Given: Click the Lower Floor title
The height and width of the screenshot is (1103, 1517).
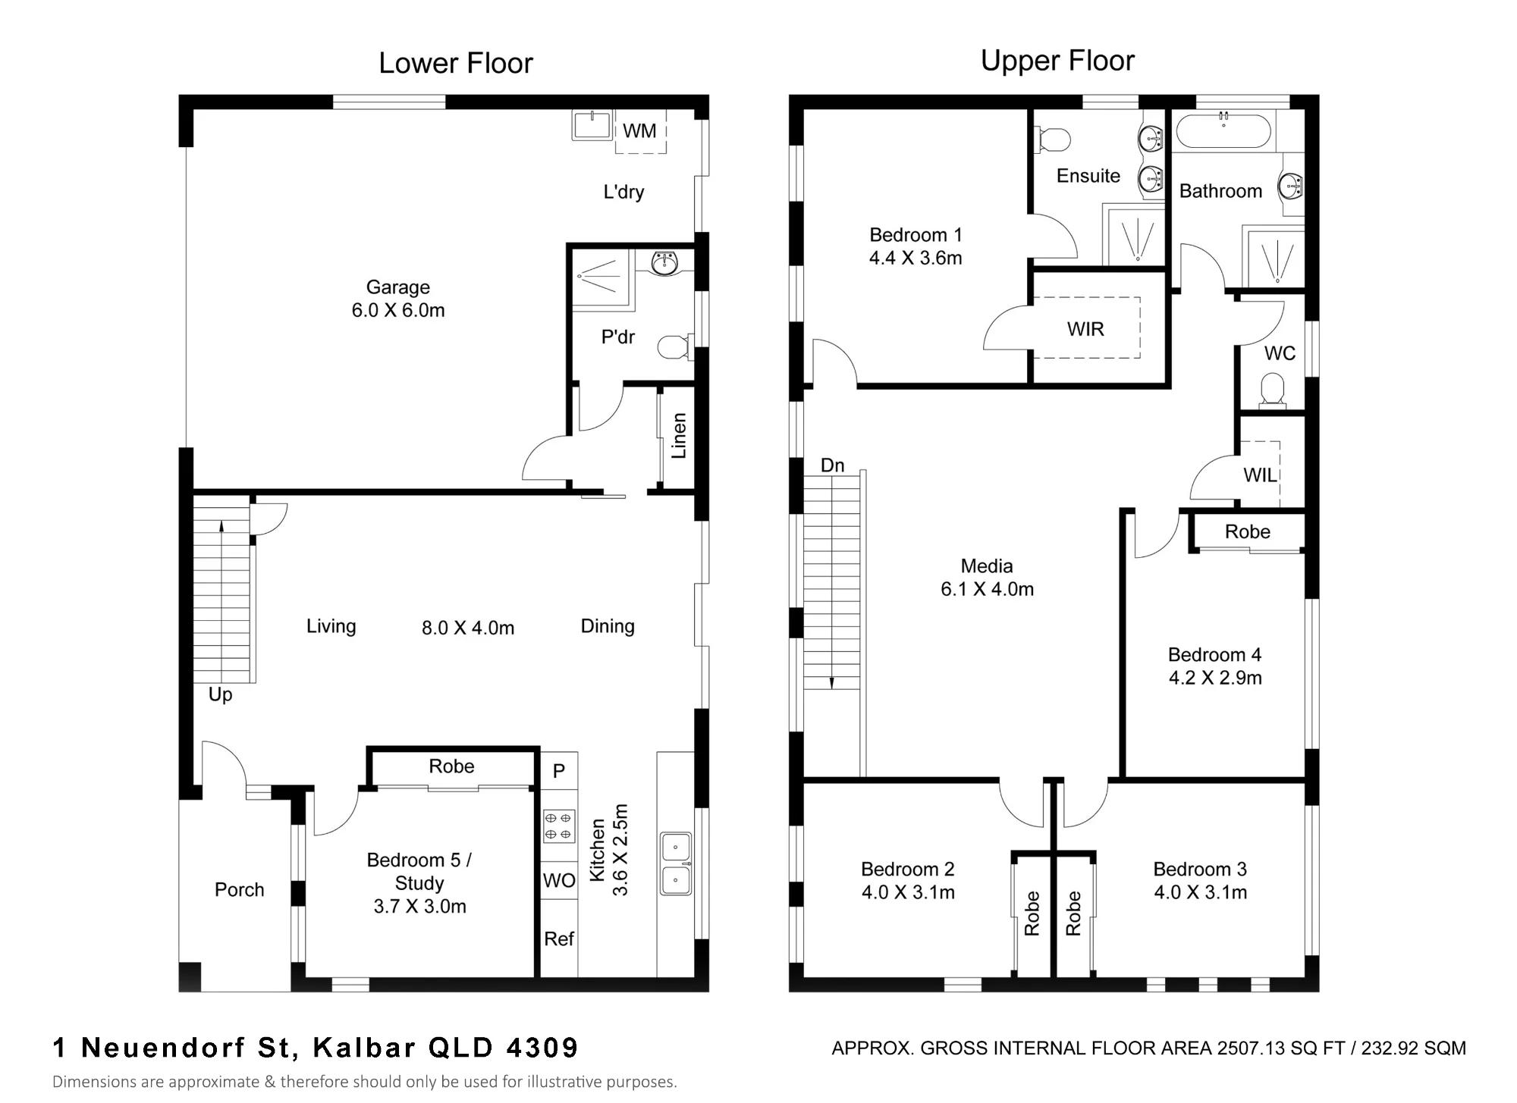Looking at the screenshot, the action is (x=456, y=64).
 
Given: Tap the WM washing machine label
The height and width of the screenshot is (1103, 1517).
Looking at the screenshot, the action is (x=639, y=131).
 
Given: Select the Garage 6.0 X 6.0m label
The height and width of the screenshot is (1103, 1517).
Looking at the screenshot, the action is (x=398, y=299).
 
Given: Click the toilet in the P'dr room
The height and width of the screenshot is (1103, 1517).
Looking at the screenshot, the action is (x=674, y=348).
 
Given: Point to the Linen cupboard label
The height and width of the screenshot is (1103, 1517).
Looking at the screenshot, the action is (x=679, y=436).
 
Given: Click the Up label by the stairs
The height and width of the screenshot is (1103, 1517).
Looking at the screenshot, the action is (x=220, y=695).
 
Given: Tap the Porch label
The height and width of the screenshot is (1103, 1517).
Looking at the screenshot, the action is (x=240, y=889).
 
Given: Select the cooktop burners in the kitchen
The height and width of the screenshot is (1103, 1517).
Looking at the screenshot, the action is (x=559, y=826).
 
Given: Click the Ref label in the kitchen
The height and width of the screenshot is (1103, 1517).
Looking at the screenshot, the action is (x=559, y=939).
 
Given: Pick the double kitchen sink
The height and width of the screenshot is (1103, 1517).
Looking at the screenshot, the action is (x=676, y=863).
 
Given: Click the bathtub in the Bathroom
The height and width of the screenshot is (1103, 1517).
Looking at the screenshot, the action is (x=1223, y=130).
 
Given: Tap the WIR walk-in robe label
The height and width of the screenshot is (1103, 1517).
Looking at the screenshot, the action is (x=1085, y=329).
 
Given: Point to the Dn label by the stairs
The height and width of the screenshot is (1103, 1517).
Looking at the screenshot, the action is (x=832, y=465).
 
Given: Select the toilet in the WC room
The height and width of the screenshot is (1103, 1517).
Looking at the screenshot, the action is (x=1272, y=390).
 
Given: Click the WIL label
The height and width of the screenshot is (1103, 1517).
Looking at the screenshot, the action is (x=1260, y=475).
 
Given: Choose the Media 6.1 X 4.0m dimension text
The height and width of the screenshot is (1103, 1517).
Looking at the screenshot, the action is (x=987, y=589).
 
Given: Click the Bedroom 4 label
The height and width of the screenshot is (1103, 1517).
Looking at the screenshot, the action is (x=1214, y=655).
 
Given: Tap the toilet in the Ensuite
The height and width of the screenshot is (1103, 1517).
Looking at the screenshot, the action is (x=1054, y=139).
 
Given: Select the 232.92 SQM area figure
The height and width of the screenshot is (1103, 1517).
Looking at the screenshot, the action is (x=1413, y=1048).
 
